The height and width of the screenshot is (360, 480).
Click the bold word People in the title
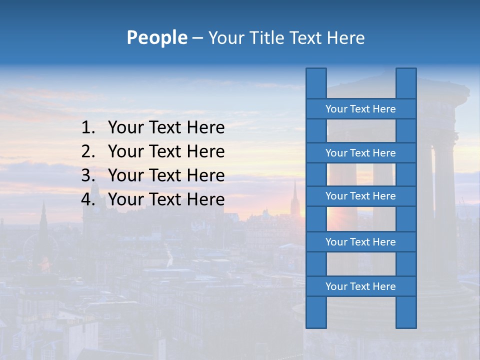click(156, 37)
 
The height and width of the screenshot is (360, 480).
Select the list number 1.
click(88, 128)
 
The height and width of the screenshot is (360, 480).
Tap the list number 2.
click(88, 151)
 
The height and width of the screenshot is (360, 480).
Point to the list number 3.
click(88, 175)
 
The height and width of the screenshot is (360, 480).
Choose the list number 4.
click(88, 199)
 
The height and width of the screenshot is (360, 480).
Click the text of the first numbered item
click(166, 128)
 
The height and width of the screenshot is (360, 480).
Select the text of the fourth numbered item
click(166, 199)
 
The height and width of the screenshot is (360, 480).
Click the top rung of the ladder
click(360, 109)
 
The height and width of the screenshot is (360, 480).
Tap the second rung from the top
click(360, 153)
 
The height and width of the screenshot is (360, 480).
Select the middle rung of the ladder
click(360, 196)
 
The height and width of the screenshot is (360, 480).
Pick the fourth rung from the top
click(360, 242)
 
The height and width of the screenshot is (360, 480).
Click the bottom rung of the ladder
click(360, 286)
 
